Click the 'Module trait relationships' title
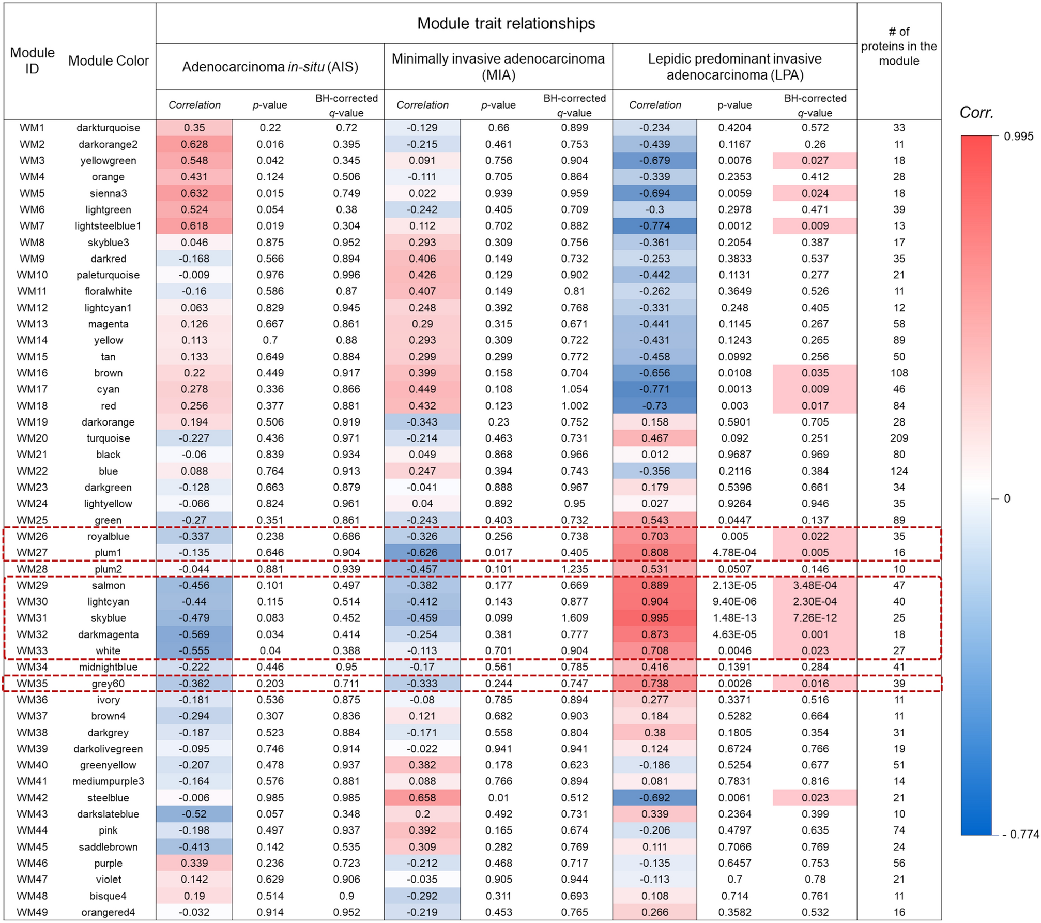click(x=506, y=23)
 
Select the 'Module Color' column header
click(x=109, y=61)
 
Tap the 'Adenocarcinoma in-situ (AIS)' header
click(x=270, y=67)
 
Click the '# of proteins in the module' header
click(x=899, y=46)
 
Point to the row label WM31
click(x=32, y=618)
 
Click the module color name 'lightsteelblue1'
click(x=108, y=226)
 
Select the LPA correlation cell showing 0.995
click(x=655, y=618)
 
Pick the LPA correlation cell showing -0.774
click(x=655, y=226)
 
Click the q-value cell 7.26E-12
click(x=815, y=618)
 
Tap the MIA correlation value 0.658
click(x=422, y=798)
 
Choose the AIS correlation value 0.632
click(x=194, y=193)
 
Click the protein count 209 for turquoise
click(x=899, y=438)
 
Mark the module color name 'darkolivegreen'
click(x=108, y=749)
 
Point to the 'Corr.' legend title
click(x=976, y=113)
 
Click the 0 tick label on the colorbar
click(x=1007, y=498)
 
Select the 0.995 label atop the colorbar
click(x=1018, y=137)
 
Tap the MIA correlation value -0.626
click(x=422, y=552)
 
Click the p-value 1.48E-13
click(x=734, y=618)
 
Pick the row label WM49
click(x=32, y=912)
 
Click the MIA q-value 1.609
click(x=574, y=618)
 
